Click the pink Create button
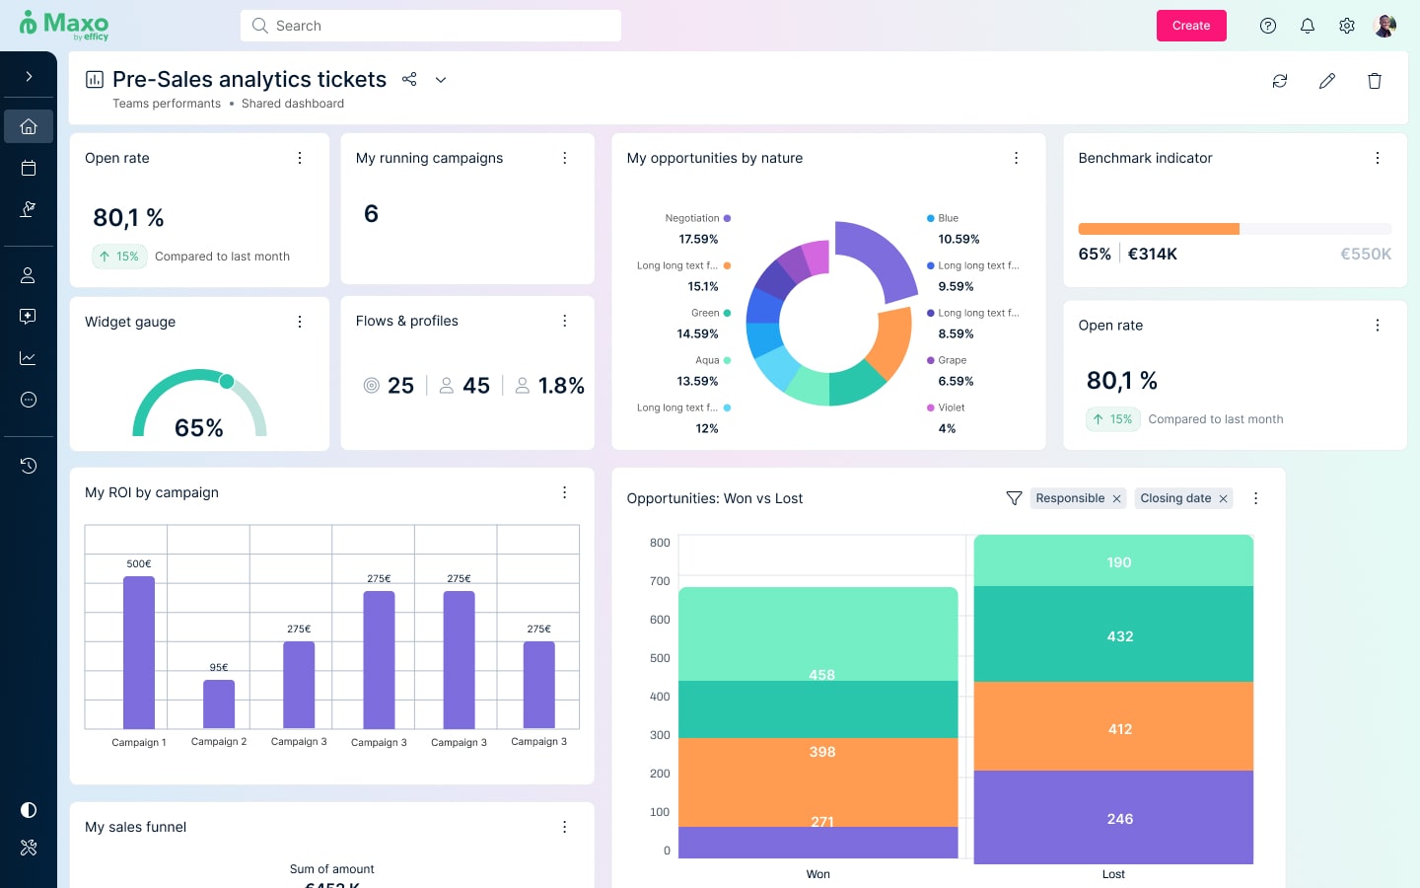click(1190, 26)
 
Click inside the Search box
click(431, 26)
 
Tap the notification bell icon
click(1307, 26)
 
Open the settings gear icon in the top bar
click(1346, 26)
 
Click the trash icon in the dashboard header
click(1374, 81)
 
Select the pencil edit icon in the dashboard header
click(1326, 81)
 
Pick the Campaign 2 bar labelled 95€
click(219, 703)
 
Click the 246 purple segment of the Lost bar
click(1113, 817)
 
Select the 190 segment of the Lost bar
click(1113, 560)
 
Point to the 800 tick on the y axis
click(660, 543)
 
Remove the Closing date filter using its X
click(1223, 499)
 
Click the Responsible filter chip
click(1069, 498)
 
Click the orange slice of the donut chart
click(893, 342)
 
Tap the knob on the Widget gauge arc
click(227, 381)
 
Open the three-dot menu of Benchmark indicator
click(1377, 158)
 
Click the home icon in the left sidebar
click(29, 126)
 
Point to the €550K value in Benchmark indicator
click(1365, 255)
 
